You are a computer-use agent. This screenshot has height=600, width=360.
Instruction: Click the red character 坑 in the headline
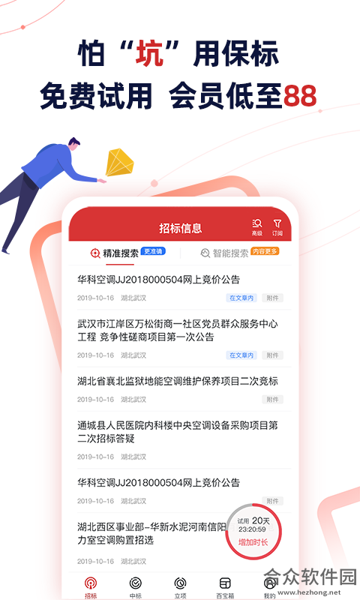click(149, 53)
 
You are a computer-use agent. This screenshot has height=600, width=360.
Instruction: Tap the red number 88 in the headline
click(300, 96)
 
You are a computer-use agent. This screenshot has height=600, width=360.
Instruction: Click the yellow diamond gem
click(120, 162)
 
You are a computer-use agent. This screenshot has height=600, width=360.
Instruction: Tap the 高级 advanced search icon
click(257, 227)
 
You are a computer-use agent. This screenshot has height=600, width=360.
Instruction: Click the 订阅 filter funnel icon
click(277, 227)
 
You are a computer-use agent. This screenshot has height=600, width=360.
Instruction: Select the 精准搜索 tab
click(120, 253)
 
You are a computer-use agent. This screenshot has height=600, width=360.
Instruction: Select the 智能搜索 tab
click(224, 253)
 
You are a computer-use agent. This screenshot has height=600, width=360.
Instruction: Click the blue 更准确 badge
click(153, 251)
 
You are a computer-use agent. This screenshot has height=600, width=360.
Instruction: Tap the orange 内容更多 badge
click(265, 251)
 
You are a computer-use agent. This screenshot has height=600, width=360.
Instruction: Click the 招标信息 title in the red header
click(180, 229)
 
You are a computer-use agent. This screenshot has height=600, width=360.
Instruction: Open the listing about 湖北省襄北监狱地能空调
click(178, 381)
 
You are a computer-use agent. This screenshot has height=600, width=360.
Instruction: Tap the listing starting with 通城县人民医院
click(178, 432)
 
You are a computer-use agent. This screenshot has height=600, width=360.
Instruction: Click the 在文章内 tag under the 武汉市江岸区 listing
click(241, 355)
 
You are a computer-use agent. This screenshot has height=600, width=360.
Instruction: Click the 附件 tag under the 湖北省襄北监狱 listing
click(272, 400)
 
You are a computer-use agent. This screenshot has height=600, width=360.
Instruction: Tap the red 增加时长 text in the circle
click(253, 542)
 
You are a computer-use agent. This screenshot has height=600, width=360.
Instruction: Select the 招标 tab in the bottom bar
click(91, 587)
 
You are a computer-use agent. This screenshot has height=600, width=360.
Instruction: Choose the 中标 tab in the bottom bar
click(136, 587)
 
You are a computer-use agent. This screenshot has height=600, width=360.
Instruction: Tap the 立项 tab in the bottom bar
click(180, 587)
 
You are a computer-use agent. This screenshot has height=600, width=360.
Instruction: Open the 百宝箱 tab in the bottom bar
click(225, 587)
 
